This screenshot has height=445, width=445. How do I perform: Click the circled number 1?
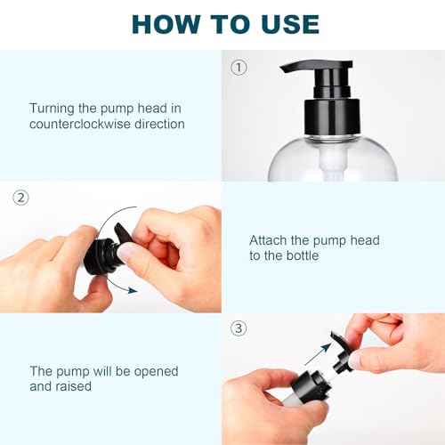pyautogui.click(x=239, y=67)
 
